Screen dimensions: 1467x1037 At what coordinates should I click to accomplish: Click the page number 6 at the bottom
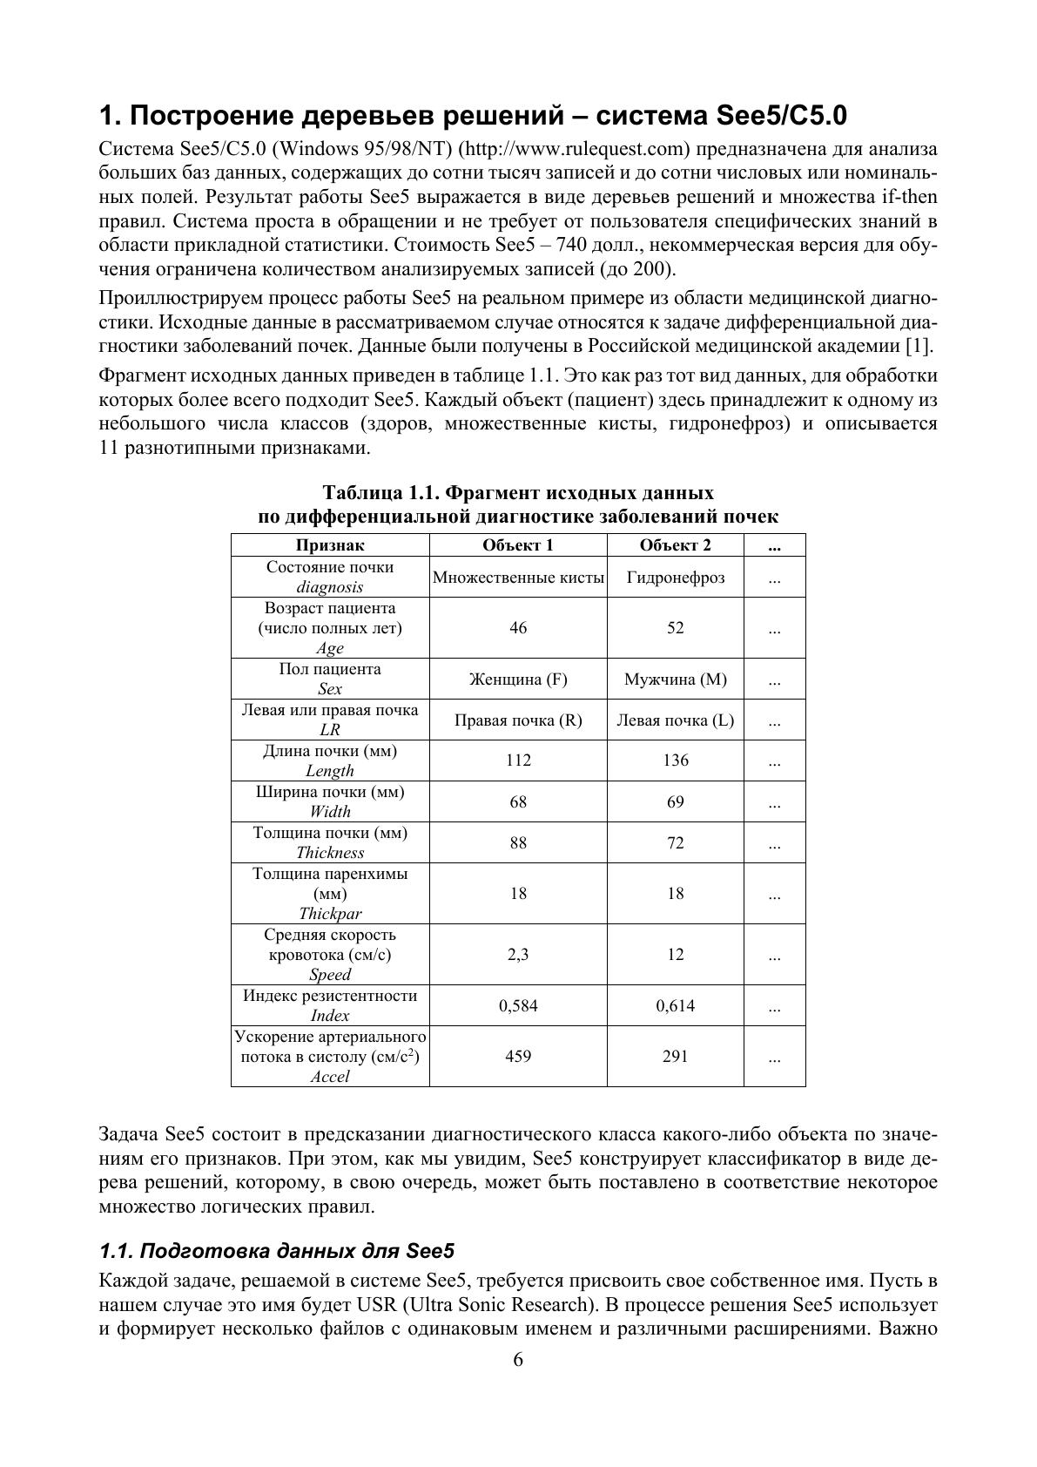click(x=518, y=1360)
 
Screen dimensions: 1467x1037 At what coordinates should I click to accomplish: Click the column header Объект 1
click(x=518, y=545)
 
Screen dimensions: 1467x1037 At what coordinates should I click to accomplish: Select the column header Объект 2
click(x=675, y=545)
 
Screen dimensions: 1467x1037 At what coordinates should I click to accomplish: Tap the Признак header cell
click(x=330, y=545)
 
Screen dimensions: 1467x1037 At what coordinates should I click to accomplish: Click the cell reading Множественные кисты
click(x=518, y=578)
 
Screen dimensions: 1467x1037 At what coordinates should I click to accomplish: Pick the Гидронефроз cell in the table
click(x=675, y=578)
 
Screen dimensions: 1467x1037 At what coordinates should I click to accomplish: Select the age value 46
click(x=518, y=628)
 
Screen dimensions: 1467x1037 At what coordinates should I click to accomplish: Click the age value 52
click(x=675, y=628)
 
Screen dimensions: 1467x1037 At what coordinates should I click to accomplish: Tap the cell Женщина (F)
click(x=518, y=679)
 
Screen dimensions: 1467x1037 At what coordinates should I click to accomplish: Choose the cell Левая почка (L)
click(x=675, y=720)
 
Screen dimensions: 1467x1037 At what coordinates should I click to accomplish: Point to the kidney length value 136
click(x=675, y=761)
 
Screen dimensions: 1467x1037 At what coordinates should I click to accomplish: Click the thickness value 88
click(x=518, y=842)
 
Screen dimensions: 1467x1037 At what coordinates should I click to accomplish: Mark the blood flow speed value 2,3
click(x=518, y=955)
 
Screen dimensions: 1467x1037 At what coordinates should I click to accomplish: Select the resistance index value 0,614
click(x=675, y=1006)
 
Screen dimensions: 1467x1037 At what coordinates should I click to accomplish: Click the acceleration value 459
click(x=518, y=1057)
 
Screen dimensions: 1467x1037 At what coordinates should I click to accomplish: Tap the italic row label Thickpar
click(x=330, y=914)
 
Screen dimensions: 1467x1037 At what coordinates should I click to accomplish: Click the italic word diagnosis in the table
click(x=330, y=587)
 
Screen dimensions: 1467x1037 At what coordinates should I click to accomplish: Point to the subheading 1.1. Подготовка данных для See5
click(x=277, y=1252)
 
